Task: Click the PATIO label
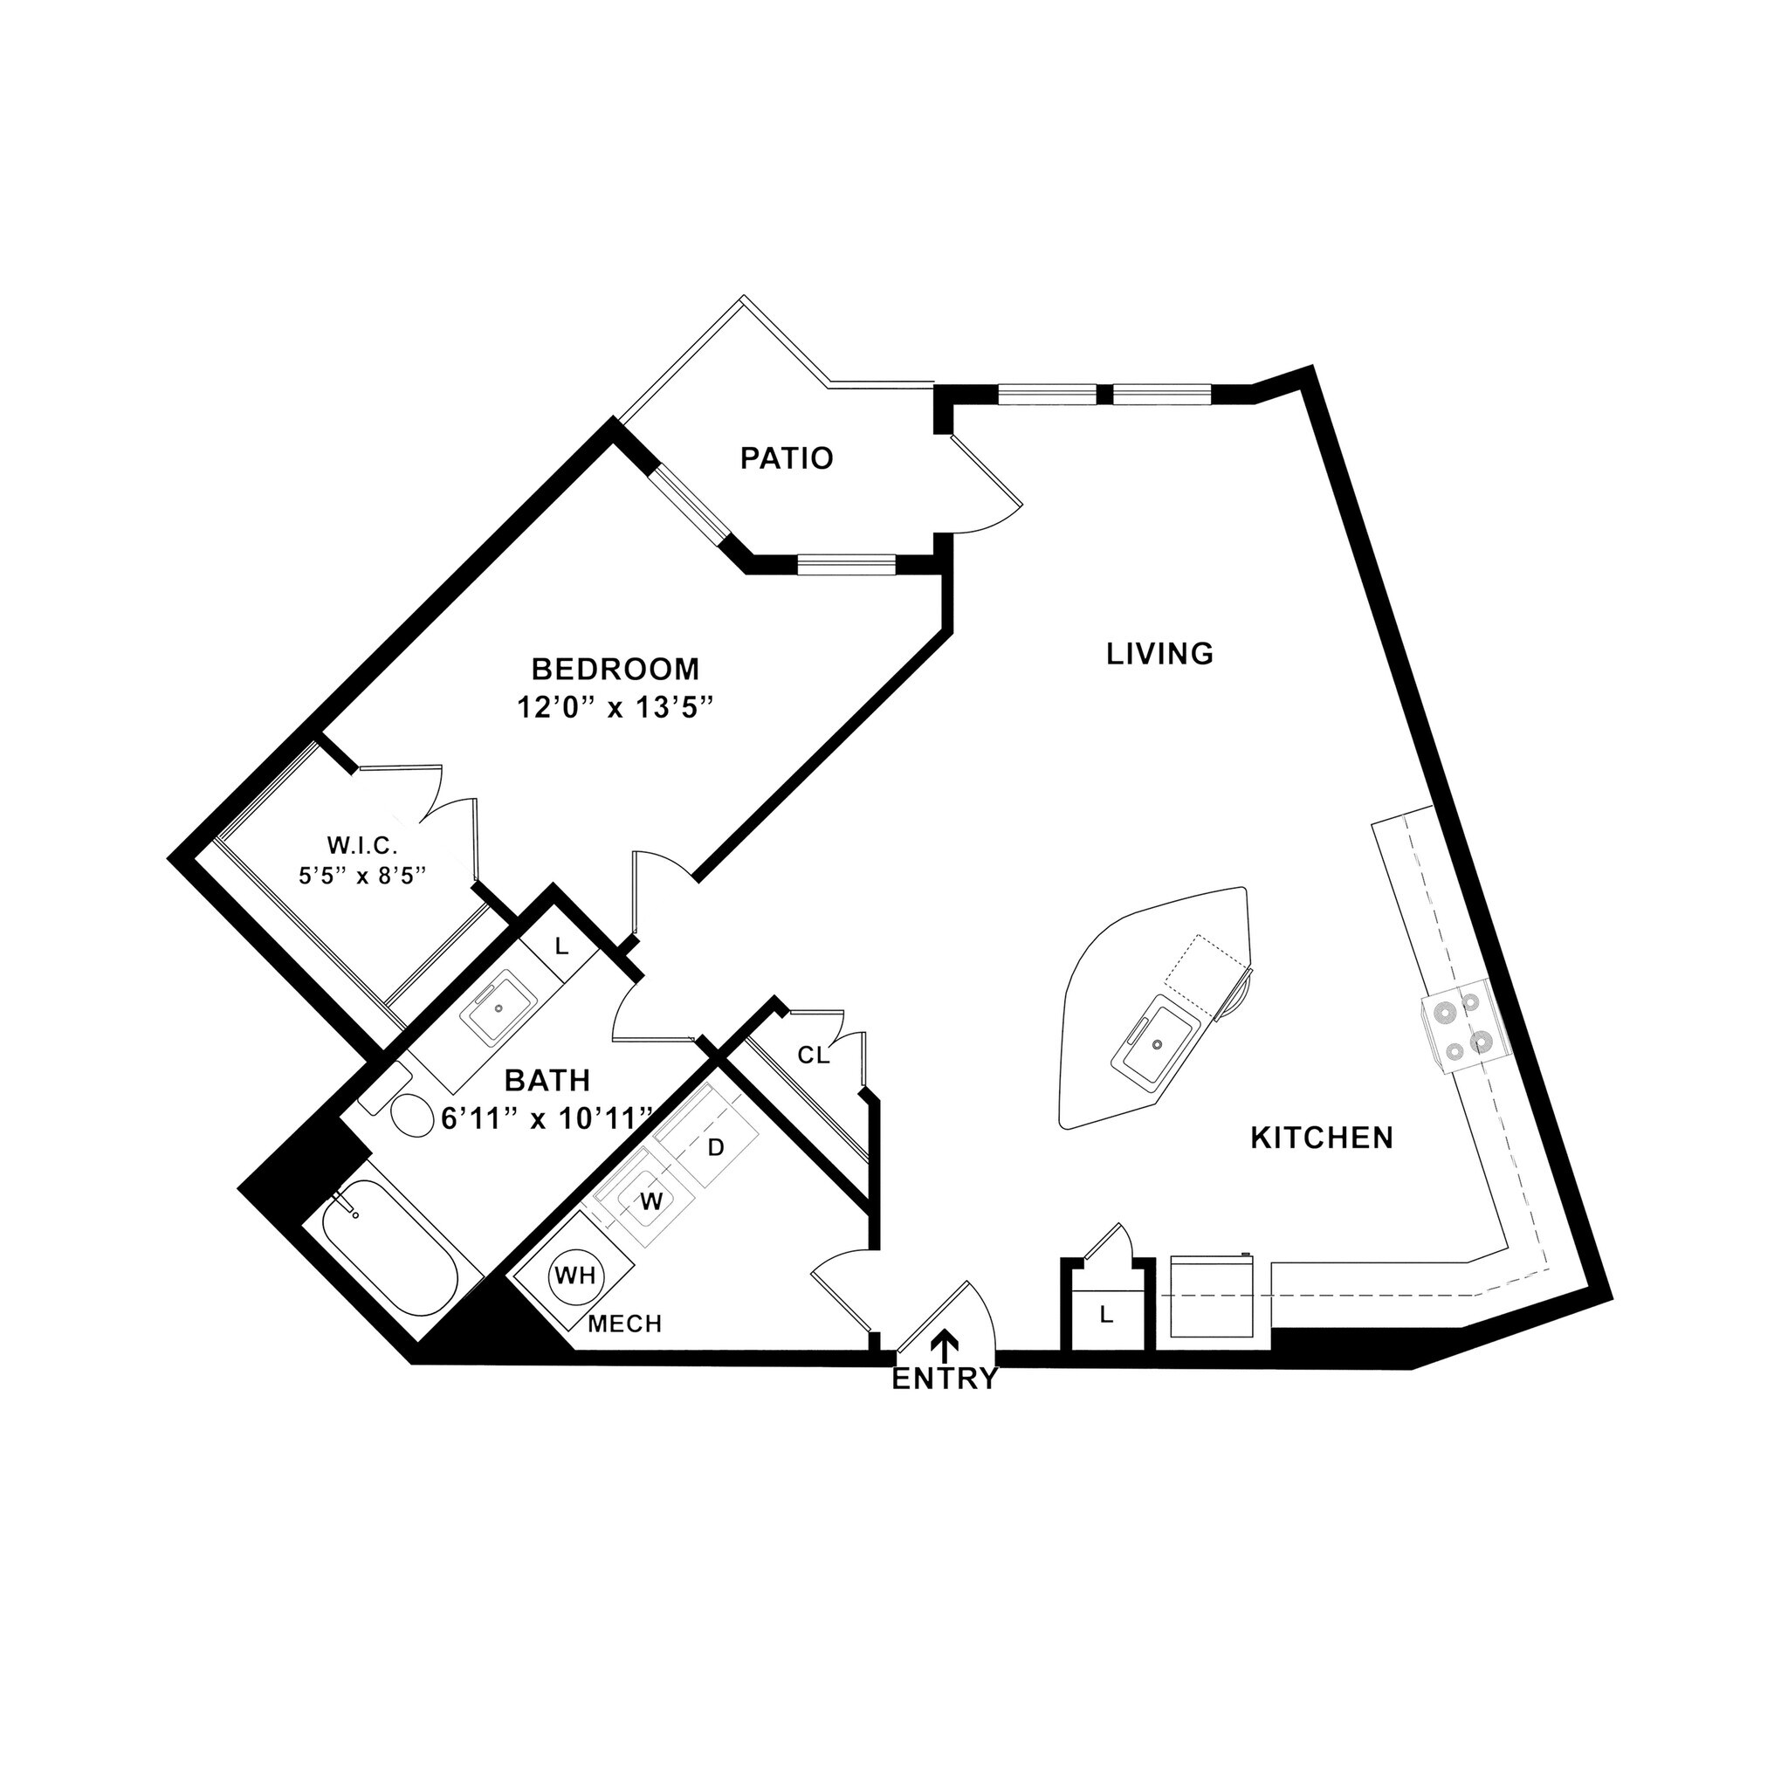(x=787, y=458)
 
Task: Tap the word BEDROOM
(x=615, y=668)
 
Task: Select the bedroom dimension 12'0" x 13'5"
(x=616, y=708)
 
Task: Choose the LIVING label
(x=1159, y=654)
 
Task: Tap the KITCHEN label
(x=1322, y=1138)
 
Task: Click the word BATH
(x=548, y=1080)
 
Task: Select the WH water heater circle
(x=574, y=1276)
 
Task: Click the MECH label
(x=626, y=1324)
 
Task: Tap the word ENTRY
(x=945, y=1379)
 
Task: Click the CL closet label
(x=814, y=1055)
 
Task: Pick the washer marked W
(x=650, y=1201)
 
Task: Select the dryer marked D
(x=714, y=1147)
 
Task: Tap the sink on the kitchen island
(x=1155, y=1043)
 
